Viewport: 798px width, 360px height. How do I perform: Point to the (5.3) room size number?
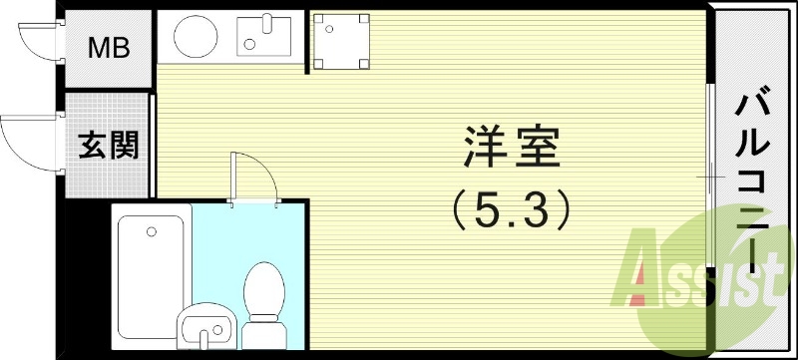point(511,209)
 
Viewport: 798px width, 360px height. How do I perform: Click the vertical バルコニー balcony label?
point(755,180)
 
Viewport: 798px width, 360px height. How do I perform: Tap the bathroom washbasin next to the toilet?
point(206,325)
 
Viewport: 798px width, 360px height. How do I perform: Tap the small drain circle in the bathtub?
point(151,232)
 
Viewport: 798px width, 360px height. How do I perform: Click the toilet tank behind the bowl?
point(264,330)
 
